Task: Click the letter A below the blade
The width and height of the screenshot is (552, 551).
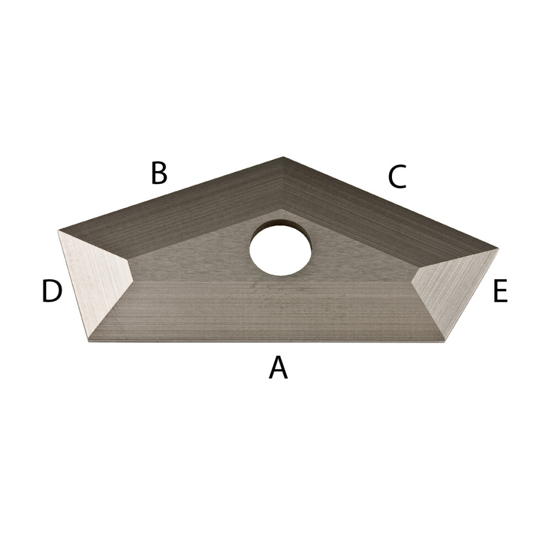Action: click(x=278, y=367)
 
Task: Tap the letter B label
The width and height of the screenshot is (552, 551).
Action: click(x=158, y=173)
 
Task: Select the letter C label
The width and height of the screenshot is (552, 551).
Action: click(x=397, y=176)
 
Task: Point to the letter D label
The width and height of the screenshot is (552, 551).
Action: click(x=52, y=291)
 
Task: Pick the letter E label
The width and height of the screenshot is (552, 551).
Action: click(x=500, y=291)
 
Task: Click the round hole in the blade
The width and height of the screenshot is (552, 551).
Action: click(x=280, y=248)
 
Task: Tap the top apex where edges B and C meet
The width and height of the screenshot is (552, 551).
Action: click(x=283, y=157)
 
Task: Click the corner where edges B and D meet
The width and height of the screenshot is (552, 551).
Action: click(x=59, y=231)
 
